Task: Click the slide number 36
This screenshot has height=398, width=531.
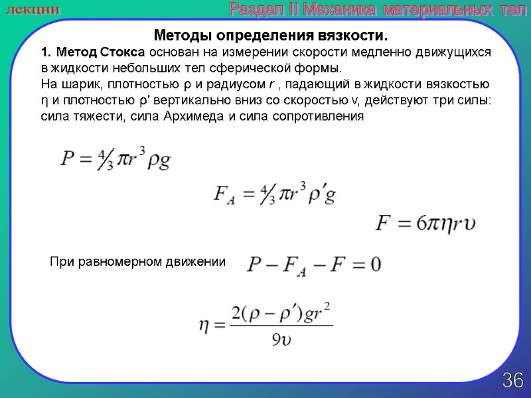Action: pyautogui.click(x=512, y=381)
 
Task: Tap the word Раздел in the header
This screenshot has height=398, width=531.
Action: pyautogui.click(x=251, y=9)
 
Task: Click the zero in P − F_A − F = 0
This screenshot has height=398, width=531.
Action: pyautogui.click(x=375, y=265)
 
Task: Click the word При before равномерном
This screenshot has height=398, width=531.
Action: pyautogui.click(x=61, y=262)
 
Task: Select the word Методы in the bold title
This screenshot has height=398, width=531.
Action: pyautogui.click(x=176, y=34)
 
